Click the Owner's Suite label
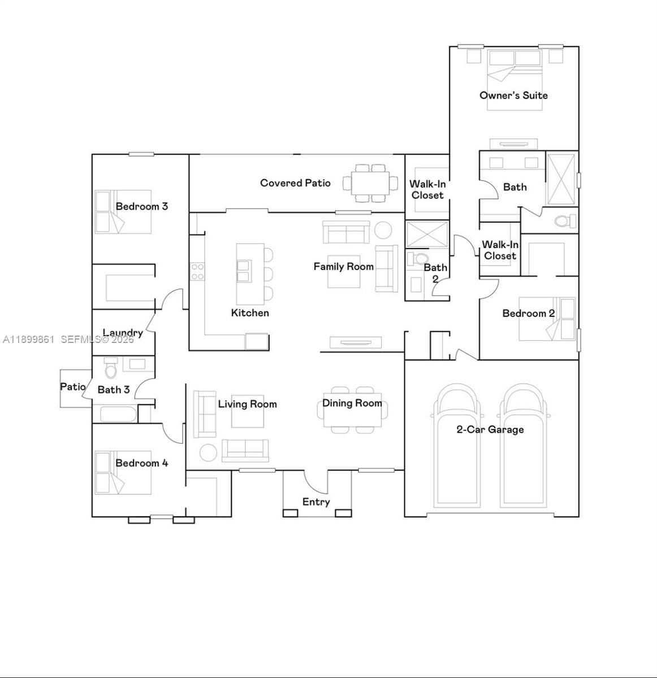pos(513,95)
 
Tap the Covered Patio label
pos(295,183)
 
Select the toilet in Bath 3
pos(111,370)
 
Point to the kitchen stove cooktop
pos(197,272)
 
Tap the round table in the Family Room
pos(383,230)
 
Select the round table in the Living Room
pos(208,453)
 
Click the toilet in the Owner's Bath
pos(563,220)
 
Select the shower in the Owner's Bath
pos(561,178)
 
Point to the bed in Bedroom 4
pos(123,473)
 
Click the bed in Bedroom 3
pos(123,212)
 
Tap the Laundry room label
pos(123,333)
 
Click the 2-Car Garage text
pos(490,429)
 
